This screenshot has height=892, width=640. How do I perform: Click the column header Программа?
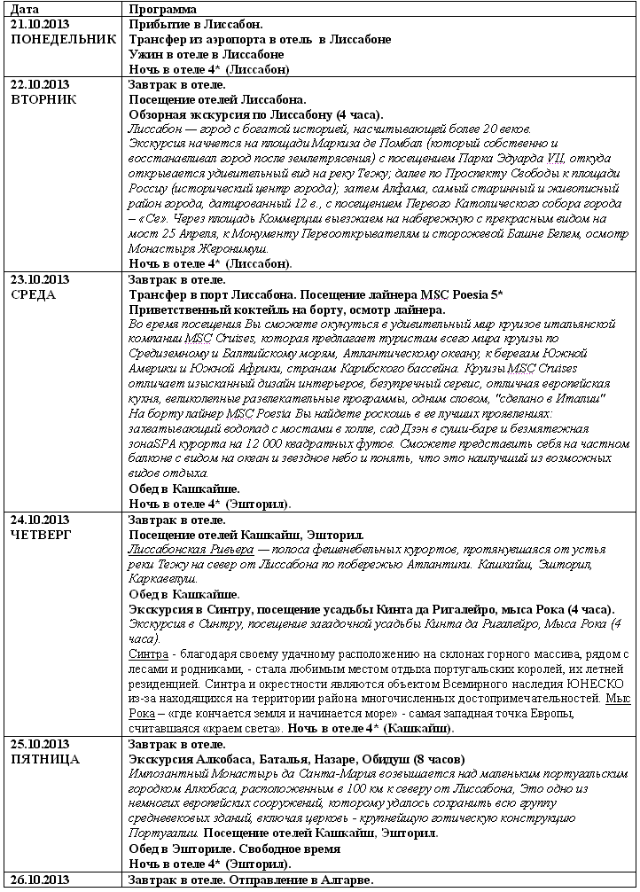pos(163,9)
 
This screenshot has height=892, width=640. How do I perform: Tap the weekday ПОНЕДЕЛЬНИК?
pos(61,39)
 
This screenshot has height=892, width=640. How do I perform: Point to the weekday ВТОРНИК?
pos(42,99)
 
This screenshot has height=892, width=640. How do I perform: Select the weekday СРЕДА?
pos(32,295)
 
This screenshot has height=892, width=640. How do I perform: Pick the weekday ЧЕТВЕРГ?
pos(39,536)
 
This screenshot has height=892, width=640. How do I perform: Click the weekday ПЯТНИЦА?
pos(43,760)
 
